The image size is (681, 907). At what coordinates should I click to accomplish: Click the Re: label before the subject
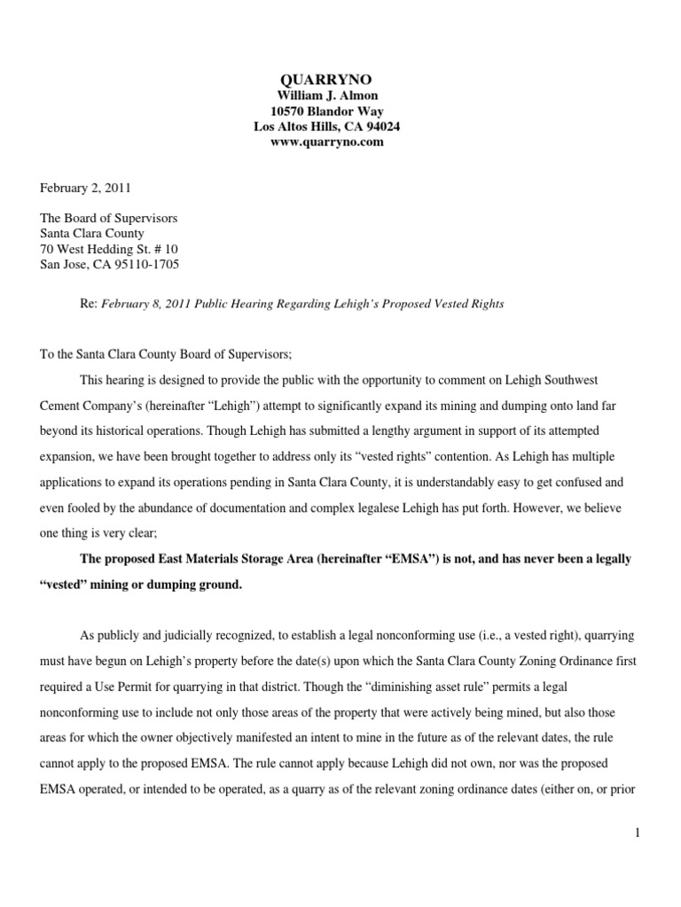[89, 304]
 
